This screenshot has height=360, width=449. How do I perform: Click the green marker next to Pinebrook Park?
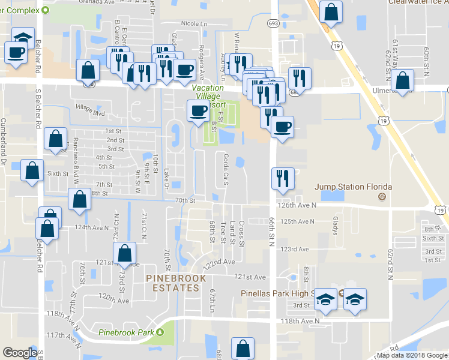(160, 332)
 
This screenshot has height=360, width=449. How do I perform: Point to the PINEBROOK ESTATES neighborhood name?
(175, 283)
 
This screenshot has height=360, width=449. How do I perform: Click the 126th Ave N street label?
(297, 205)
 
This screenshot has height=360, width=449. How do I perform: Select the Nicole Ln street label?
(193, 24)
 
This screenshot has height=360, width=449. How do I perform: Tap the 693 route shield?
(274, 23)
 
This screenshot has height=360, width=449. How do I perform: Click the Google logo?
(20, 353)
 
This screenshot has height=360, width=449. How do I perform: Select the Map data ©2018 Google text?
(412, 356)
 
